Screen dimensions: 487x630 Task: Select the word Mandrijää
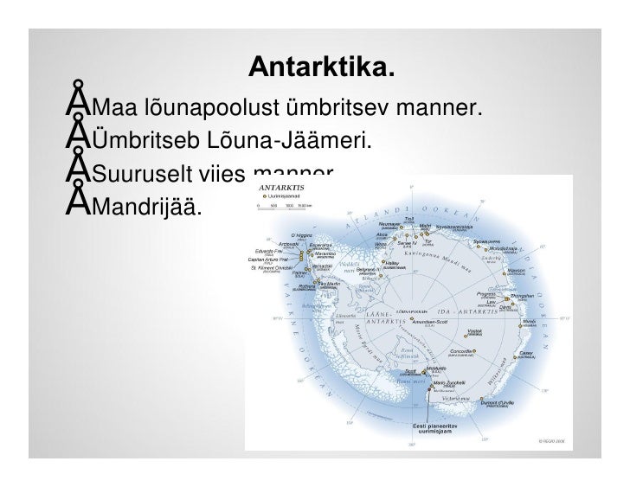pos(147,207)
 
